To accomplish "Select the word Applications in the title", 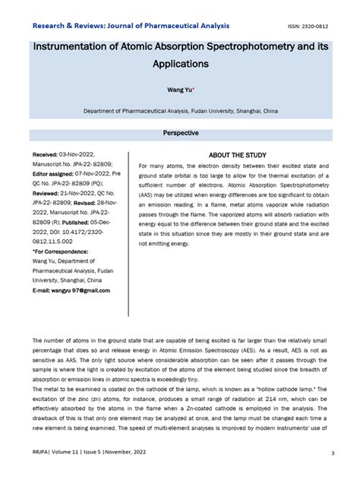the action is click(179, 66).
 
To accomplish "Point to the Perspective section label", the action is click(180, 134).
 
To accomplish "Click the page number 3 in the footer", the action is click(333, 454).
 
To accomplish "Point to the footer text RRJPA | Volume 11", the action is click(57, 454).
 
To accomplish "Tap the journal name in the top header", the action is click(130, 25).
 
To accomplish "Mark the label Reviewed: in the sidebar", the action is click(49, 194).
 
